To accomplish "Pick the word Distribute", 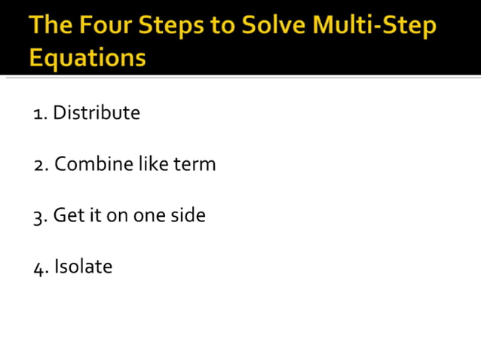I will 96,113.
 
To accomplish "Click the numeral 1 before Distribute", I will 38,114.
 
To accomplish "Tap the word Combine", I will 93,163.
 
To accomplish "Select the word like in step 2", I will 153,163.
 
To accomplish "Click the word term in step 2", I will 195,164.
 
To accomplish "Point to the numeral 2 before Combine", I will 39,165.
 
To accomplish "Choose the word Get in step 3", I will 66,215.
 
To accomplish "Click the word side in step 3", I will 188,215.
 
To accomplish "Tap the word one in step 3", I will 149,216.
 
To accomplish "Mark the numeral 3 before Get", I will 39,217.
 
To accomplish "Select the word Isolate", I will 83,266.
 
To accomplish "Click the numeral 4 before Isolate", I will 39,268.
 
